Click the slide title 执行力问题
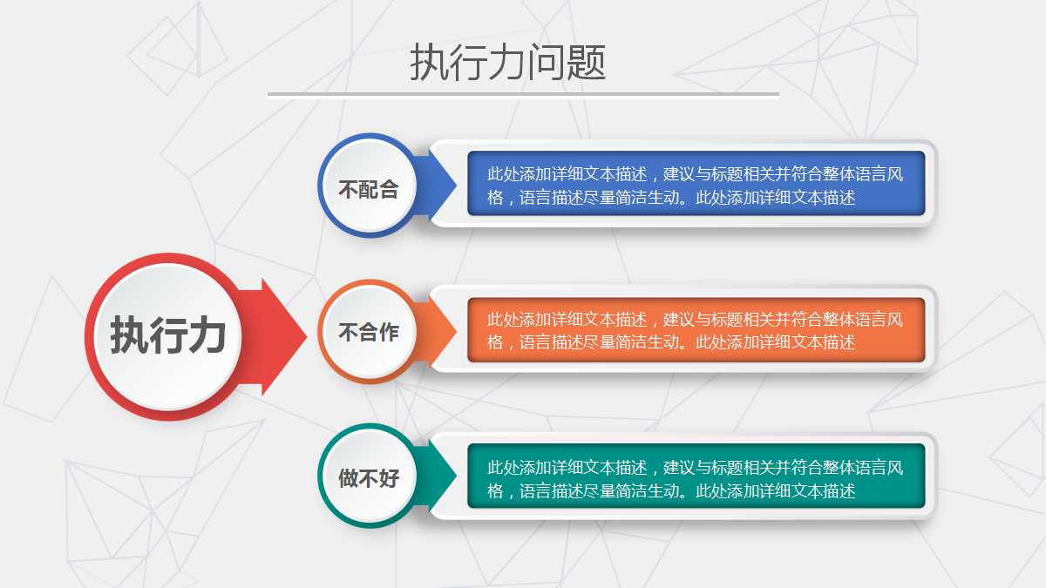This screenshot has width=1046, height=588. [x=507, y=63]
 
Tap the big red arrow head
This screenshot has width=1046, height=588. [x=283, y=336]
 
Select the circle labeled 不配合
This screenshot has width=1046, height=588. [x=369, y=188]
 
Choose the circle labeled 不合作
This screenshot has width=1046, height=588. [x=369, y=332]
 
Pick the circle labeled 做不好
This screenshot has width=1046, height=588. [x=369, y=477]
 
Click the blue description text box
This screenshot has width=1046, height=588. [x=696, y=184]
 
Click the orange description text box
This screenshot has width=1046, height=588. [x=696, y=330]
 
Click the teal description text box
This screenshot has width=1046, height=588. [x=696, y=477]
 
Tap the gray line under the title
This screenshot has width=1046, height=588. [x=523, y=95]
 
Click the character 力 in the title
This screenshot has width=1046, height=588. [x=508, y=63]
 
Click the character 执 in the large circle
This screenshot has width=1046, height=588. [x=129, y=335]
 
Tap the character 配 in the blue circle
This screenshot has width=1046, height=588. [x=369, y=189]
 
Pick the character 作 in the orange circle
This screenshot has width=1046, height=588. [x=389, y=332]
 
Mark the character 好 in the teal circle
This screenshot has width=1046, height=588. [x=389, y=477]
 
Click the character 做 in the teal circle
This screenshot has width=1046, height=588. [x=348, y=477]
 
